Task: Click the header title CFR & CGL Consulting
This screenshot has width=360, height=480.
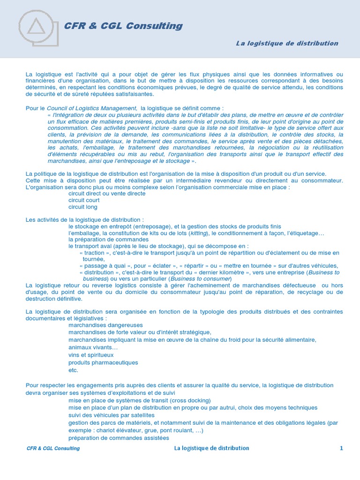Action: point(123,26)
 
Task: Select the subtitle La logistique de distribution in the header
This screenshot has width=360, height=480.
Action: point(287,43)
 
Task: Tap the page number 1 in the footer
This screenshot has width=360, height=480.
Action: point(342,448)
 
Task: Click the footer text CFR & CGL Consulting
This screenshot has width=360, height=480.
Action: point(53,449)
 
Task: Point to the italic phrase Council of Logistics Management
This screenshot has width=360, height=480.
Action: point(92,108)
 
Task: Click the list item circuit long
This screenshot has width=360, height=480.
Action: point(82,207)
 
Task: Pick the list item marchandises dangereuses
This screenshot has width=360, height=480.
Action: point(105,325)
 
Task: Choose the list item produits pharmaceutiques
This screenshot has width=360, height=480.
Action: point(103,362)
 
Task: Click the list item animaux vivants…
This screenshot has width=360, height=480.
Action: point(93,347)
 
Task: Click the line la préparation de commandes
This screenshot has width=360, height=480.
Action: point(108,240)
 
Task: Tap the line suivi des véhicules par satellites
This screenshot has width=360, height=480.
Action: point(111,415)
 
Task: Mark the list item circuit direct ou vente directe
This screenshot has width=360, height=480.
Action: point(107,194)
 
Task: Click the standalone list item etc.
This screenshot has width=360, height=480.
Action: point(73,370)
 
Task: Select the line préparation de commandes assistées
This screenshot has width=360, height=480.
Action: point(119,438)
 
